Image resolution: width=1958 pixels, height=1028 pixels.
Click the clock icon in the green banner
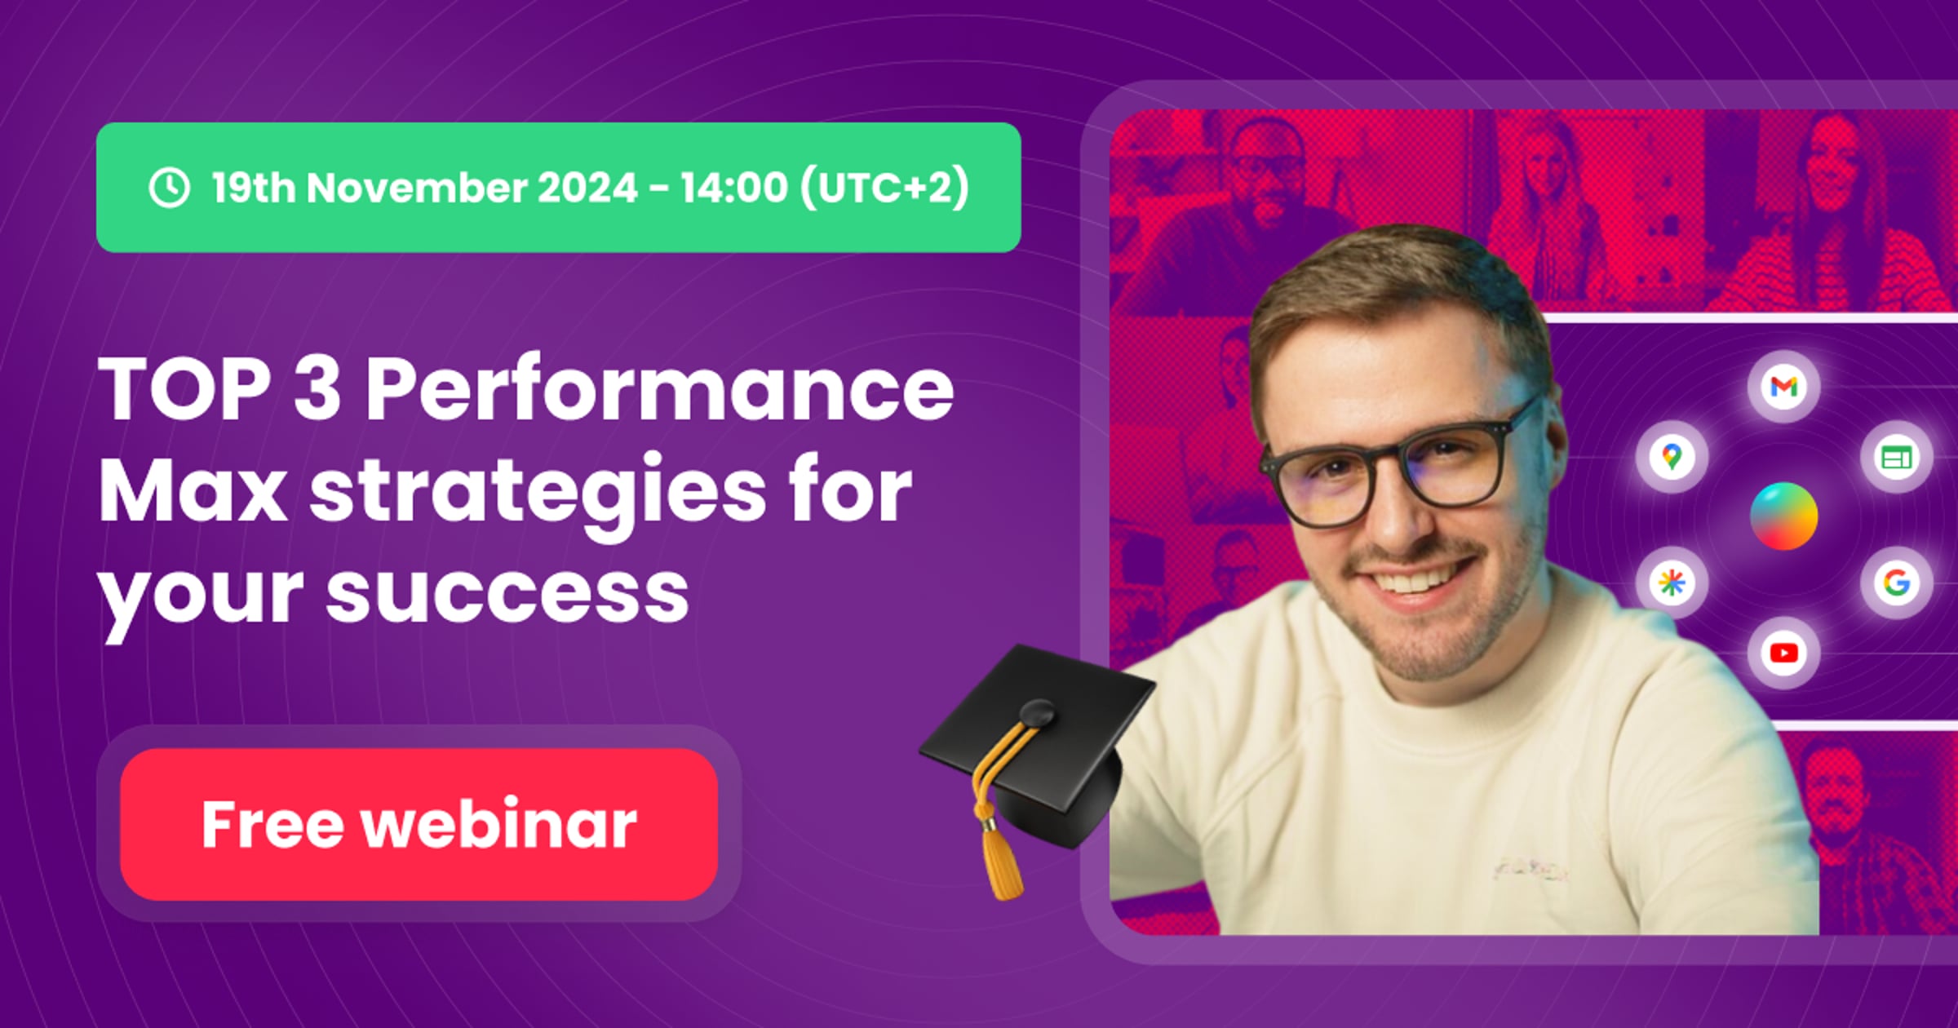pos(170,188)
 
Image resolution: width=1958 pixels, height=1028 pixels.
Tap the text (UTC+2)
pos(884,188)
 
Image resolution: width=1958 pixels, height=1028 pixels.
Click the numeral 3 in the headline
pos(317,389)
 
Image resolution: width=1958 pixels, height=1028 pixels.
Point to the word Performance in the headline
pos(659,389)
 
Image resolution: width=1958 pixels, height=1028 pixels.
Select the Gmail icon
pos(1783,386)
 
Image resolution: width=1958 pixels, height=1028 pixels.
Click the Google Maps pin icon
pos(1672,456)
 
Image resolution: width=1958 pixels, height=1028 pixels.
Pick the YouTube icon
pos(1783,653)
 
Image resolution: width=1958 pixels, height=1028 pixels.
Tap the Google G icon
pos(1896,583)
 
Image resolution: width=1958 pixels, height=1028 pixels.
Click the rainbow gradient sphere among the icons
pos(1783,516)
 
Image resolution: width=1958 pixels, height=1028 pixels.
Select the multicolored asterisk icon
pos(1672,583)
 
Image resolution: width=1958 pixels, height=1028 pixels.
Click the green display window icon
pos(1896,457)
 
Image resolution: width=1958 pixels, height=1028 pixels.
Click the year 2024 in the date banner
pos(587,188)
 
